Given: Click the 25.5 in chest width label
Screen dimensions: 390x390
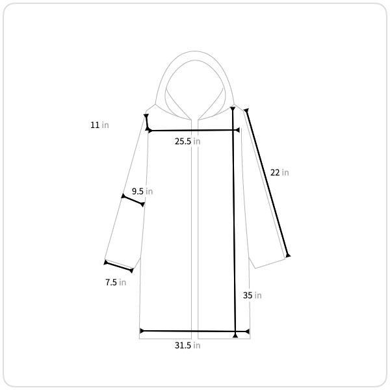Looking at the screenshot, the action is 188,141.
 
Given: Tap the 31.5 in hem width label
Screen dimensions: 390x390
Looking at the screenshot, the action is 188,346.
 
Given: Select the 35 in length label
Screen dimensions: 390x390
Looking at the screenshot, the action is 252,295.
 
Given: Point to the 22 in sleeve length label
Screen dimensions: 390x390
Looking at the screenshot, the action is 279,172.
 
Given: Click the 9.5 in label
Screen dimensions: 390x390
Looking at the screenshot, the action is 142,191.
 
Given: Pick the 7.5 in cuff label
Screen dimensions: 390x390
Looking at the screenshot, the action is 116,282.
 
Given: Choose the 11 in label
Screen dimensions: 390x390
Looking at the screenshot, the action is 99,125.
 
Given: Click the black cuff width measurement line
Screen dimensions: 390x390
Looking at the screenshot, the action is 119,266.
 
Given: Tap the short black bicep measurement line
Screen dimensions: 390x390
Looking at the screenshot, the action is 133,200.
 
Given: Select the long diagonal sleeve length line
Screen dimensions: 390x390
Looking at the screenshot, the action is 267,183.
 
